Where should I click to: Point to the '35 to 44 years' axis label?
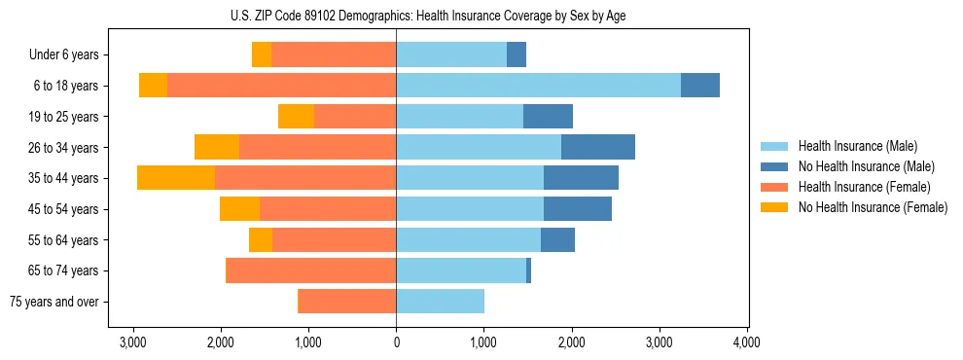[64, 178]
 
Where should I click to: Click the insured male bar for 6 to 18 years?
[538, 86]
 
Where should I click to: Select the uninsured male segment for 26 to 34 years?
[598, 147]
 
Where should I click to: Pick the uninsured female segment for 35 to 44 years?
[176, 178]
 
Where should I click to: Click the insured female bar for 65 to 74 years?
[310, 270]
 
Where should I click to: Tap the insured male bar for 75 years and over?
[440, 302]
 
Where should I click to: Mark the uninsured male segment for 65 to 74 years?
[529, 270]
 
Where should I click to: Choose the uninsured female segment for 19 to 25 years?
[296, 117]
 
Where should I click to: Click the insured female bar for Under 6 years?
[334, 55]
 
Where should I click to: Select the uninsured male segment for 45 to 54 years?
[578, 209]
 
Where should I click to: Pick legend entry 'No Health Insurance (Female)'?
[873, 207]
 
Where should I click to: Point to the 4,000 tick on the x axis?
[746, 342]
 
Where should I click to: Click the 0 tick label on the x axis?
[396, 342]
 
